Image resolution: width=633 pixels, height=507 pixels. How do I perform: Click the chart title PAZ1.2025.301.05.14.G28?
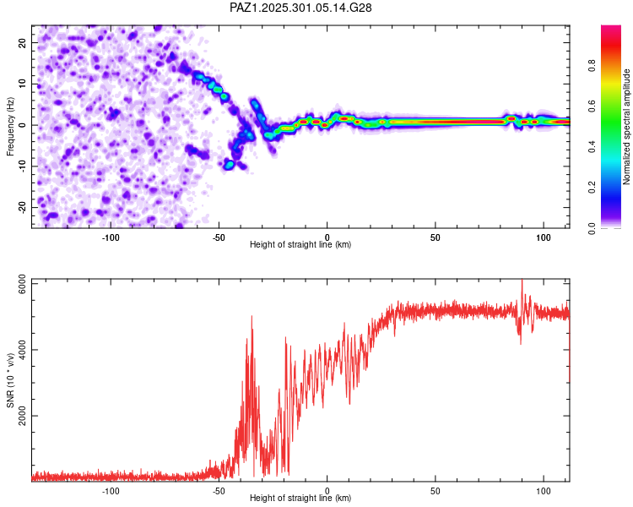point(301,8)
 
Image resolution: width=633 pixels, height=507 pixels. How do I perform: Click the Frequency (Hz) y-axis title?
point(10,127)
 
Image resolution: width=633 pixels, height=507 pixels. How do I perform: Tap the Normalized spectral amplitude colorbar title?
point(626,127)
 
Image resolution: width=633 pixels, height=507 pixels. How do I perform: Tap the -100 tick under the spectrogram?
point(111,237)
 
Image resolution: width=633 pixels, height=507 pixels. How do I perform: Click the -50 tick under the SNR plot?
point(219,491)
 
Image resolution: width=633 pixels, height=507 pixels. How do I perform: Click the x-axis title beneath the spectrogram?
point(300,245)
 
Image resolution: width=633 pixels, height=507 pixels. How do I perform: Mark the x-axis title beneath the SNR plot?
point(300,499)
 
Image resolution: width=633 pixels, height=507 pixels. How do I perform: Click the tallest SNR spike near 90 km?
point(522,281)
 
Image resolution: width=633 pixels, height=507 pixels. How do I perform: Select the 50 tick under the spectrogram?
point(435,237)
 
